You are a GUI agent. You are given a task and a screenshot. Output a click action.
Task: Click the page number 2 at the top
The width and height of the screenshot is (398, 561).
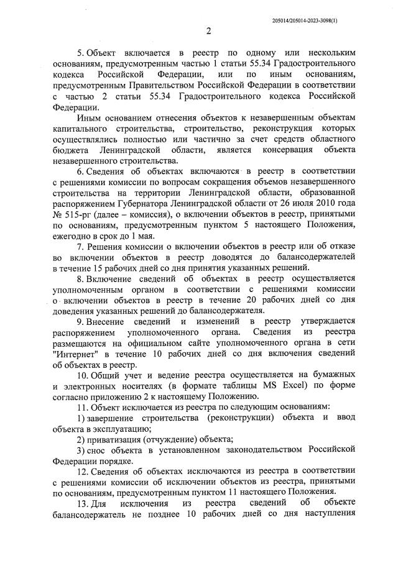(x=209, y=31)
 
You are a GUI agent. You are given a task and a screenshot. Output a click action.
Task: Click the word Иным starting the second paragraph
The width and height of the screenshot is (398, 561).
(x=88, y=117)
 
